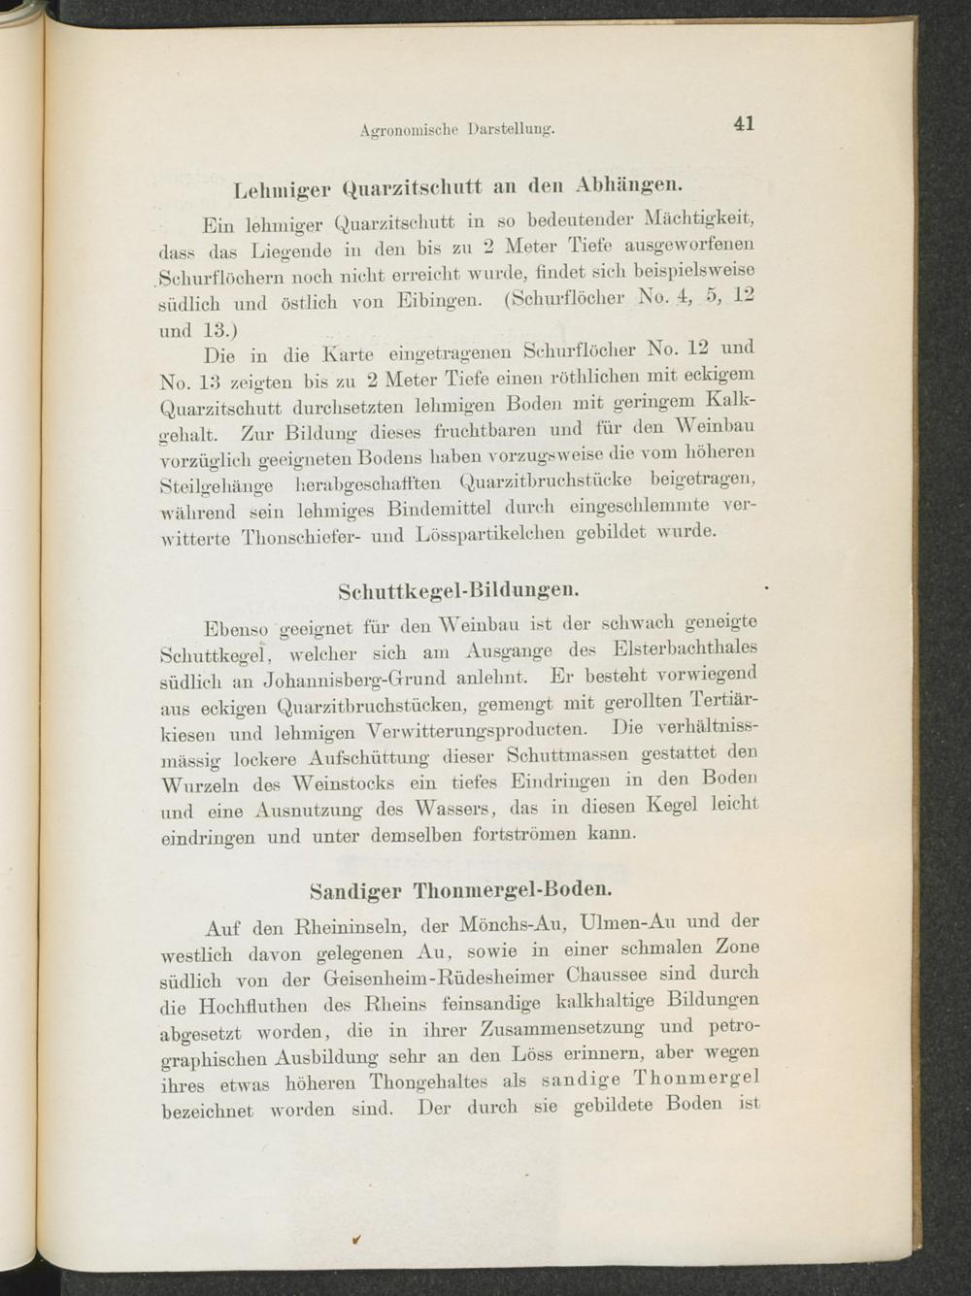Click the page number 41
pos(744,123)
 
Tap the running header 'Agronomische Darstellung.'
pos(456,128)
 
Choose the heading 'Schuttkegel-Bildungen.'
pos(459,589)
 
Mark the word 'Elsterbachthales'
pos(686,648)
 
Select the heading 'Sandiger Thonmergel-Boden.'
pos(460,888)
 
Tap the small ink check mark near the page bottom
pos(358,1239)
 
